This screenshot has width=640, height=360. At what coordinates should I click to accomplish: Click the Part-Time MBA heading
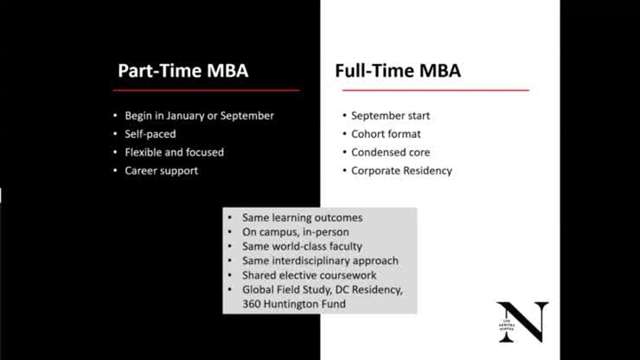[x=183, y=71]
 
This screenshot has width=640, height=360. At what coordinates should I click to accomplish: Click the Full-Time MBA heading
[x=397, y=71]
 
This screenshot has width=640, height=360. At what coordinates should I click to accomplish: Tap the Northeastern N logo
[x=522, y=322]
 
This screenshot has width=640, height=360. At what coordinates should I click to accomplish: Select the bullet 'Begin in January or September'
[x=199, y=116]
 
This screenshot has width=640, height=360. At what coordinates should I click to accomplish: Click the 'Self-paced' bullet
[x=150, y=134]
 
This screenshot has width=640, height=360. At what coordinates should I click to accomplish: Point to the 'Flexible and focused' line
[x=174, y=152]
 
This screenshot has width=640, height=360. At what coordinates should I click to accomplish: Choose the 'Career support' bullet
[x=161, y=171]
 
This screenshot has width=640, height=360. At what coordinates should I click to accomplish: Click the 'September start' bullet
[x=392, y=116]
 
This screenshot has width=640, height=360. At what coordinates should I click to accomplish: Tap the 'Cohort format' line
[x=386, y=134]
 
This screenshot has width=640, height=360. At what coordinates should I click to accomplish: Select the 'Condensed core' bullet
[x=389, y=152]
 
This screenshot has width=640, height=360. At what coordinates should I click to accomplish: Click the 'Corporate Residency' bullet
[x=401, y=171]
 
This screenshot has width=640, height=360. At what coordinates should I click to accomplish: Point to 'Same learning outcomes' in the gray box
[x=302, y=218]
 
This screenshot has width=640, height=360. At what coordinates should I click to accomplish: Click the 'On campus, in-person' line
[x=295, y=232]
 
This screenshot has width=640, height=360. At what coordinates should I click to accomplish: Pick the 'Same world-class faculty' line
[x=302, y=246]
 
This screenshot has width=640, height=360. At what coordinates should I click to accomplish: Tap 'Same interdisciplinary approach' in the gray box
[x=320, y=260]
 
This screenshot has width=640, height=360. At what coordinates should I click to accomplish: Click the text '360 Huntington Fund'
[x=293, y=304]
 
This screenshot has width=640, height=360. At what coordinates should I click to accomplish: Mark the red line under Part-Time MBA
[x=208, y=90]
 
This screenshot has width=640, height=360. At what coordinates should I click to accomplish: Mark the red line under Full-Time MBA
[x=432, y=90]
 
